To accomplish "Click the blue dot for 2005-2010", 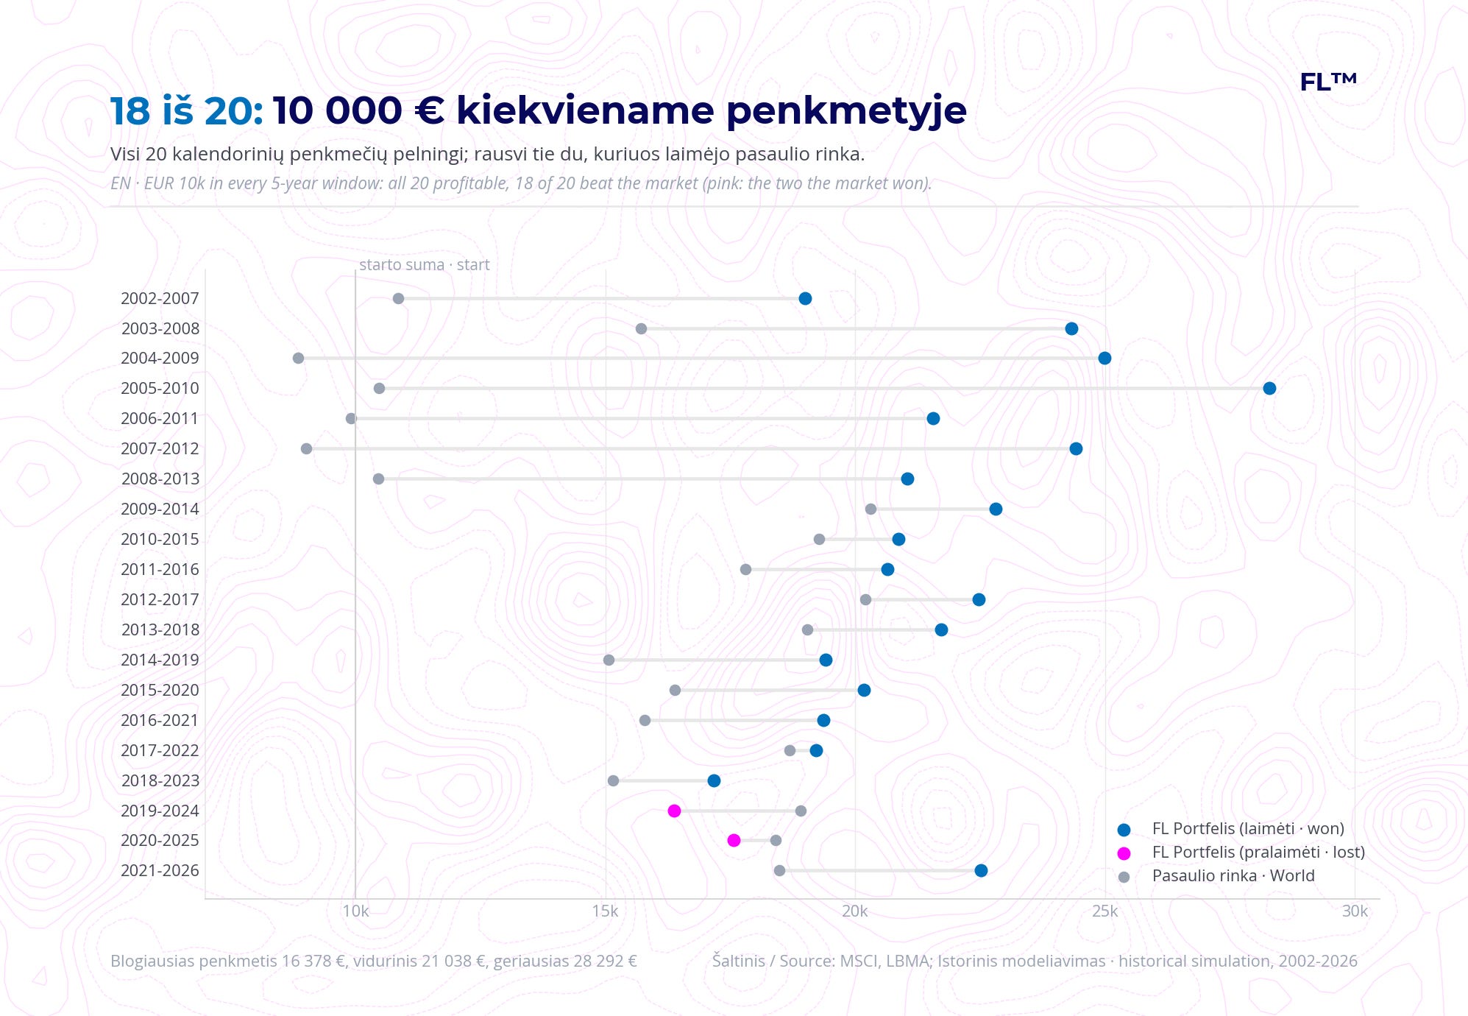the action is click(x=1269, y=388).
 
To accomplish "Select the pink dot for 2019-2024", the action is click(x=674, y=811).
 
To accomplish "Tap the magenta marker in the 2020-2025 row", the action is click(x=734, y=840).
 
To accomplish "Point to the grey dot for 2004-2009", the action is click(x=298, y=358).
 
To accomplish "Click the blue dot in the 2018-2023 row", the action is click(x=714, y=780).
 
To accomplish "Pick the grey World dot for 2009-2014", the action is click(x=870, y=509).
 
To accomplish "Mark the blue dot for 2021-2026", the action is click(x=981, y=870).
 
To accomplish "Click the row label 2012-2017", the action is click(x=160, y=599).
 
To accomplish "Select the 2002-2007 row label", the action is click(x=160, y=298).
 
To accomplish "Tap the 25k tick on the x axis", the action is click(x=1104, y=911).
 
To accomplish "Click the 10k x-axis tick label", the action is click(x=355, y=911).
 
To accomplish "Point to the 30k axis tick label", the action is click(x=1355, y=911).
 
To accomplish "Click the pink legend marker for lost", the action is click(x=1124, y=853).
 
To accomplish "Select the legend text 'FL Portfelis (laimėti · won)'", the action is click(x=1248, y=828).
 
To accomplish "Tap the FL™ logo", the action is click(x=1328, y=82).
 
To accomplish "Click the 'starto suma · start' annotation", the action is click(x=424, y=265).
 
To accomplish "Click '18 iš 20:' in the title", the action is click(x=187, y=111).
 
